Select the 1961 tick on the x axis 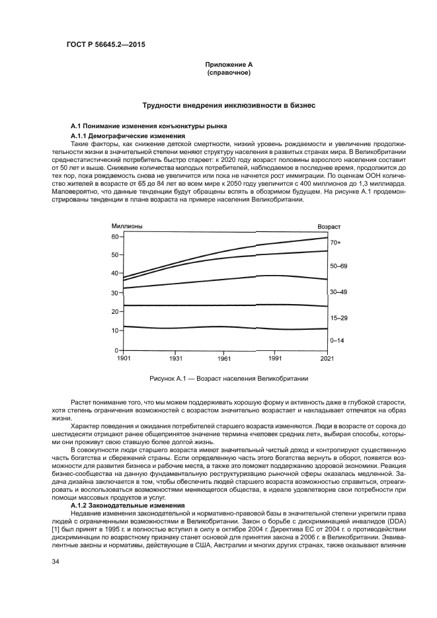(225, 358)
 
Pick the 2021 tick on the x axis (327, 358)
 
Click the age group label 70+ (335, 243)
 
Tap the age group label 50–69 (338, 265)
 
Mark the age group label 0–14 (337, 340)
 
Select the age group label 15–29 (338, 318)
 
